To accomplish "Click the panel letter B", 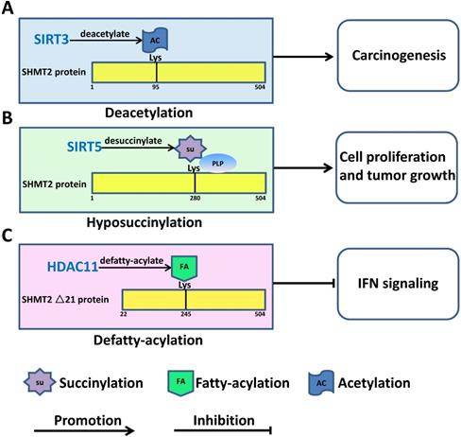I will click(x=9, y=119).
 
